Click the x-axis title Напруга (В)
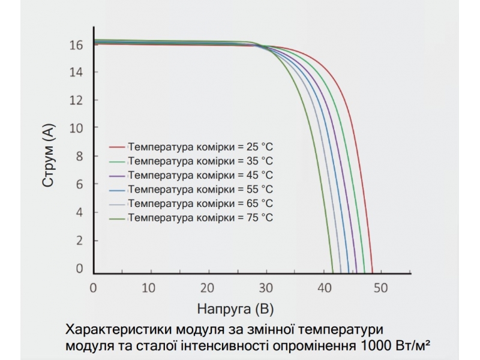235,310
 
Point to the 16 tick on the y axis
76,44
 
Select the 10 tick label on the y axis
76,128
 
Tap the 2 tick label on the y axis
79,241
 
